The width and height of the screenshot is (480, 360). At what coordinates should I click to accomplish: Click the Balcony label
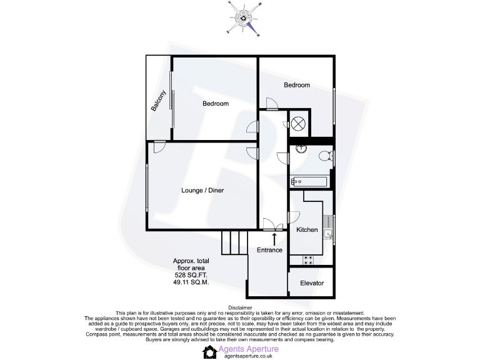pos(159,101)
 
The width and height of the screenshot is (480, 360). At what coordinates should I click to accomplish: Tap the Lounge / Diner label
pos(202,190)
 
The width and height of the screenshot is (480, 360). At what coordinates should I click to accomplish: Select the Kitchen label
pos(307,230)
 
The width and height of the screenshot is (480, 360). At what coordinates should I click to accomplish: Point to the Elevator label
pos(312,283)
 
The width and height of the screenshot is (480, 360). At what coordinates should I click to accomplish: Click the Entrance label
pos(269,250)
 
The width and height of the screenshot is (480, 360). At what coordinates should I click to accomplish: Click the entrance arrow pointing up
pos(274,238)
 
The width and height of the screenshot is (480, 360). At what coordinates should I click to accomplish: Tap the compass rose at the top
pos(242,17)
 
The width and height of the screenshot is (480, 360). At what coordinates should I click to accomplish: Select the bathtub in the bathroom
pos(308,181)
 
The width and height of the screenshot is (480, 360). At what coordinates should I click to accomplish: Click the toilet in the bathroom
pos(326,157)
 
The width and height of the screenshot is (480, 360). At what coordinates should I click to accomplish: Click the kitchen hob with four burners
pos(308,259)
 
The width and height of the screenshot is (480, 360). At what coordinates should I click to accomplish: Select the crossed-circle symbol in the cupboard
pos(298,123)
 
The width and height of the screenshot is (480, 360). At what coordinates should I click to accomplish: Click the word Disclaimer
pos(240,307)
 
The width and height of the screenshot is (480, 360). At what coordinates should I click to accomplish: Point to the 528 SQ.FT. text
pos(191,275)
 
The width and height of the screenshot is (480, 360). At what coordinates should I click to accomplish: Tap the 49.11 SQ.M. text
pos(191,282)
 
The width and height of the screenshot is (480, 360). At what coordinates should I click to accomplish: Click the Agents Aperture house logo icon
pos(209,352)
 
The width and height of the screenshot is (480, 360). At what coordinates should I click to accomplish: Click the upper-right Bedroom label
pos(297,85)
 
